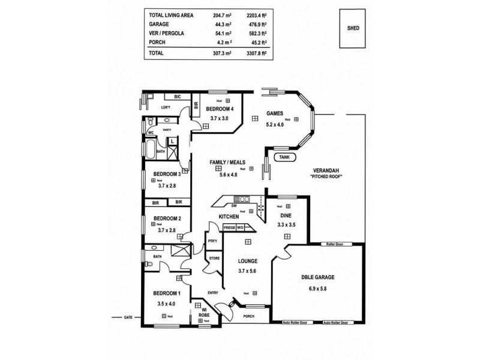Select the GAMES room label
click(x=275, y=113)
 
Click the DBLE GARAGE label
click(x=317, y=278)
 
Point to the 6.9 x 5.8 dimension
click(x=317, y=289)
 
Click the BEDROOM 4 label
click(x=220, y=109)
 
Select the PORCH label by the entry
click(x=249, y=316)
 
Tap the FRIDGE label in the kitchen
click(x=229, y=228)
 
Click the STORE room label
click(x=214, y=259)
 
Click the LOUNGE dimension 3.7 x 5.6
click(x=247, y=271)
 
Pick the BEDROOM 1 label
click(x=166, y=293)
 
